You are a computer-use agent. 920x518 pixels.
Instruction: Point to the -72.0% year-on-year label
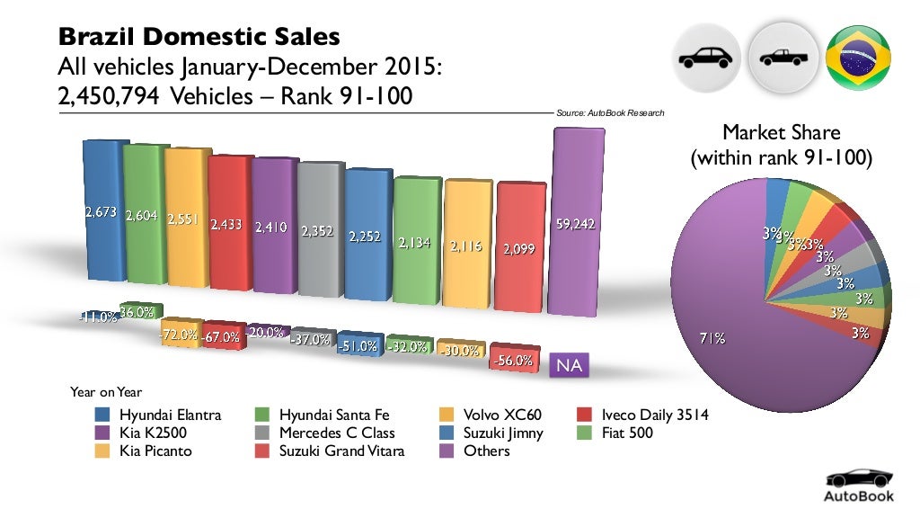pyautogui.click(x=180, y=334)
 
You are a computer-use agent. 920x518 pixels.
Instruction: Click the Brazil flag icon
pyautogui.click(x=857, y=58)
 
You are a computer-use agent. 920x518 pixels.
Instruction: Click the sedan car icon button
pyautogui.click(x=705, y=58)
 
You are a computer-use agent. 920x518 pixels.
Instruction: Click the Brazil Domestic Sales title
pyautogui.click(x=199, y=37)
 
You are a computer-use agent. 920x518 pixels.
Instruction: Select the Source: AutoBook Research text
pyautogui.click(x=610, y=113)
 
